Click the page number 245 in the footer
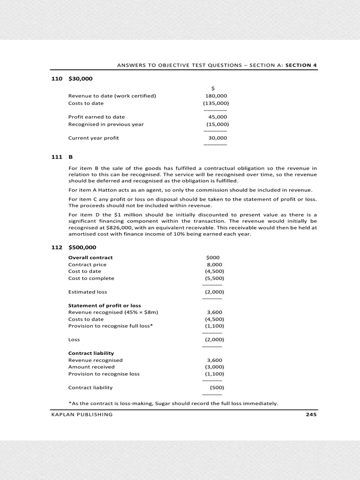click(x=310, y=414)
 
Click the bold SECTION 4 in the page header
click(x=298, y=65)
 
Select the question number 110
click(x=56, y=79)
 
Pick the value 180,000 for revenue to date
click(x=216, y=96)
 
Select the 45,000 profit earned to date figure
click(x=217, y=117)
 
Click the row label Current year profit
click(x=94, y=138)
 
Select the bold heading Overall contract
click(x=90, y=257)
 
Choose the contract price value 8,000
click(x=214, y=264)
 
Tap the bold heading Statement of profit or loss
click(x=105, y=306)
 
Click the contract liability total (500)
click(x=216, y=388)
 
